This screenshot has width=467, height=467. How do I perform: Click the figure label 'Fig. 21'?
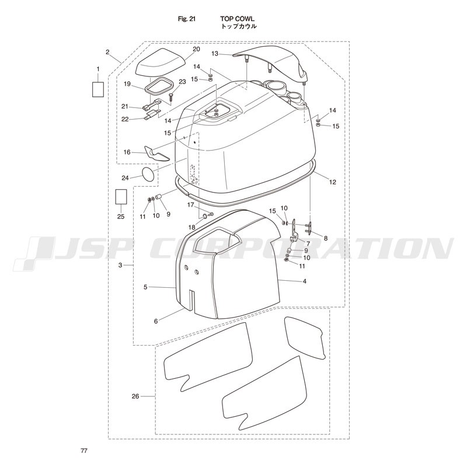187,19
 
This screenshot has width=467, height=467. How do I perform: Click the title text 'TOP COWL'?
238,19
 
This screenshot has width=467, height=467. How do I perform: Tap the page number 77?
84,451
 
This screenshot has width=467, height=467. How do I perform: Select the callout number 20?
196,49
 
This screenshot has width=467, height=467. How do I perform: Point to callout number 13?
215,54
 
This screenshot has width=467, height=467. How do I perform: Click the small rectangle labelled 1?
98,89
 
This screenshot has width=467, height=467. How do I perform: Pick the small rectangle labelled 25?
121,197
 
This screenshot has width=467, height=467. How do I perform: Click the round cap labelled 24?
148,174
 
